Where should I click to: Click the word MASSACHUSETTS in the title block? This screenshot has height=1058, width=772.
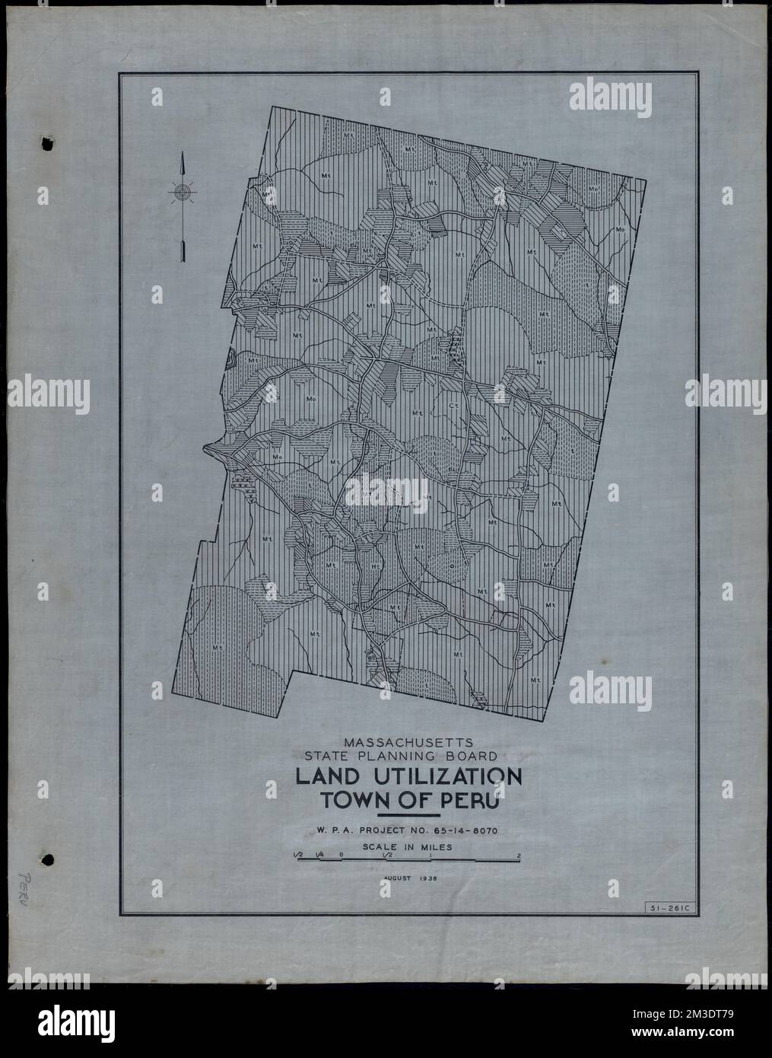click(x=409, y=741)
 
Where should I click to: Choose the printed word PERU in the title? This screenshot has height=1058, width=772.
click(x=465, y=802)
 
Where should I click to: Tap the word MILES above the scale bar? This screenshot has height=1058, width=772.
click(x=437, y=846)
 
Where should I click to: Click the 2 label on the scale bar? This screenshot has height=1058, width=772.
click(x=519, y=856)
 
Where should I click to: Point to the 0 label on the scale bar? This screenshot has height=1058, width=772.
click(x=342, y=856)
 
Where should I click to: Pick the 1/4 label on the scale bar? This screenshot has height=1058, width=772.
click(x=320, y=856)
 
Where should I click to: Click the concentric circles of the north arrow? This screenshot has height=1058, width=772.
click(x=183, y=193)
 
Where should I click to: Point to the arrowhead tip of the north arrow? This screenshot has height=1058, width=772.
click(x=183, y=155)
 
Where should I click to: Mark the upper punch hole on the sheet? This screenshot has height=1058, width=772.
click(x=48, y=143)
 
